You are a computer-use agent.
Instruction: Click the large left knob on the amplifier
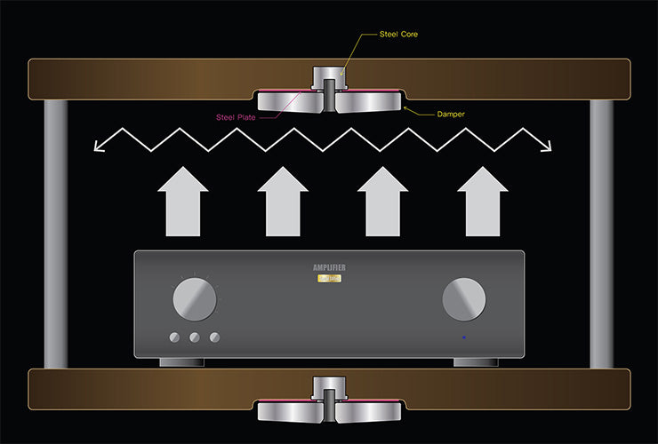click(195, 299)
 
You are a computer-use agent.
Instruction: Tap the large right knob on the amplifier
click(463, 299)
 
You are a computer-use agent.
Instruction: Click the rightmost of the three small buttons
click(213, 337)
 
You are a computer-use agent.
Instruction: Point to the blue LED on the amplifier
click(463, 337)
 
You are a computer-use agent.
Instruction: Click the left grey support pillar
click(56, 234)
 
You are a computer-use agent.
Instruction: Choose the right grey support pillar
click(602, 234)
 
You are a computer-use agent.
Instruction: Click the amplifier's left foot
click(177, 361)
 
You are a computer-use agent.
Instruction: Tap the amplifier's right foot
click(474, 361)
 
